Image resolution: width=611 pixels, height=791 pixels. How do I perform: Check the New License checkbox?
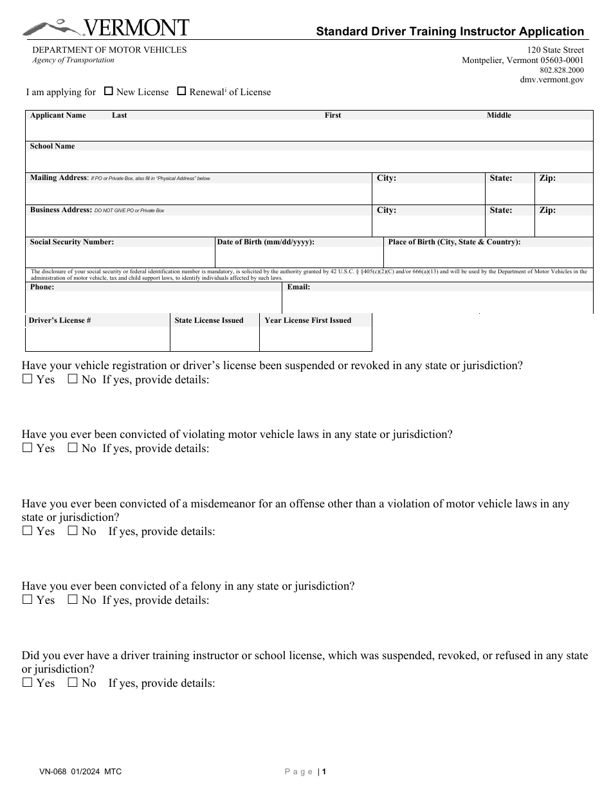109,91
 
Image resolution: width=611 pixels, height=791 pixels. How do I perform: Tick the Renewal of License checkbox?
181,91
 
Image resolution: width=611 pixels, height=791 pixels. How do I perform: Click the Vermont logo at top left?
106,28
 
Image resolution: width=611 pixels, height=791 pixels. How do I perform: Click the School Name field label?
52,146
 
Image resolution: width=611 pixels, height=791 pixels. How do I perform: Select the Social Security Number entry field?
120,257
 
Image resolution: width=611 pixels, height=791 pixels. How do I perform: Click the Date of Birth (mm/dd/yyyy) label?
266,242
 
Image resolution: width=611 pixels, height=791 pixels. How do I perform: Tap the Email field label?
298,287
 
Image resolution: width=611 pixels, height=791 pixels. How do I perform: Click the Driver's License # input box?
97,339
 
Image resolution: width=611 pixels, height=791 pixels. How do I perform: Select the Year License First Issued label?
307,320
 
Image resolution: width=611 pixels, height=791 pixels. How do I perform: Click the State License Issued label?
209,320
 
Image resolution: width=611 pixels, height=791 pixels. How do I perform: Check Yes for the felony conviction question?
27,599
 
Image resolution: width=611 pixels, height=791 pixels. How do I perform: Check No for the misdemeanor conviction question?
73,531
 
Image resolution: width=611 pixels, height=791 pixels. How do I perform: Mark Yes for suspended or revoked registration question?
27,379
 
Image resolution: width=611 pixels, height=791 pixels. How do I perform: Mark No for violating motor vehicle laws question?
73,448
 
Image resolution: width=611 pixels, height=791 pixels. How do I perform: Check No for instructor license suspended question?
73,682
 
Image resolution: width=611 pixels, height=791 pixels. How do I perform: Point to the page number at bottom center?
325,772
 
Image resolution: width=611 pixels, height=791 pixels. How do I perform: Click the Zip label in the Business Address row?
547,210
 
